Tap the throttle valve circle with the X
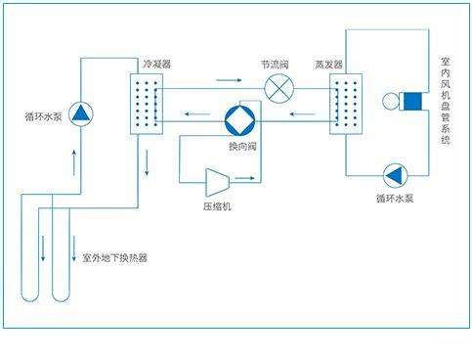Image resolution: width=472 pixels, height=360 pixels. [x=279, y=88]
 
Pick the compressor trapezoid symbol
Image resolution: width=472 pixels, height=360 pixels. [x=216, y=180]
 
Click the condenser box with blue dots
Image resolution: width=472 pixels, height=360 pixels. [x=146, y=101]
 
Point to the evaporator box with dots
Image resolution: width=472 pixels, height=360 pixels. [x=347, y=101]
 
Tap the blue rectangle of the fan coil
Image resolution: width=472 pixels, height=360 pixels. [x=410, y=101]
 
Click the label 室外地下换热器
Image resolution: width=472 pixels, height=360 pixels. [x=114, y=258]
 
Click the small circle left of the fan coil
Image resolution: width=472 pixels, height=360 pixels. [x=392, y=101]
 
